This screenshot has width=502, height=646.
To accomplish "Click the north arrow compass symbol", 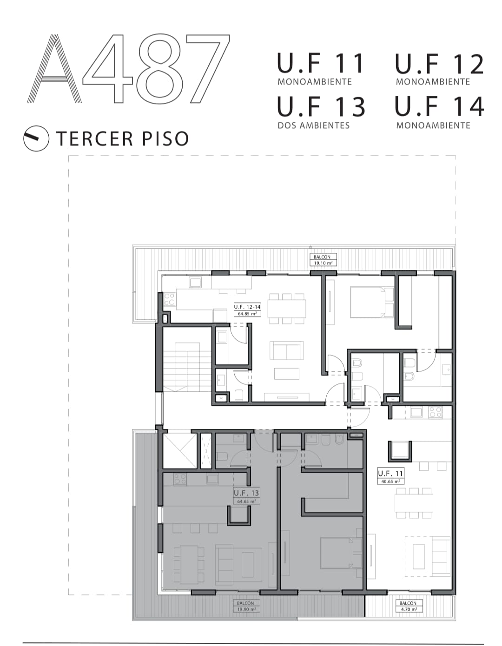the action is [36, 138].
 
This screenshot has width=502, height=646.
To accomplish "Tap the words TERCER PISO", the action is [122, 138].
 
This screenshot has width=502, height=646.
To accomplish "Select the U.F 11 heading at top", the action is [320, 63].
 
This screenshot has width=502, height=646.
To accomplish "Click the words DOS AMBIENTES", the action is [314, 125].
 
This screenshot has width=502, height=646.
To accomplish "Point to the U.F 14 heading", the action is [439, 106].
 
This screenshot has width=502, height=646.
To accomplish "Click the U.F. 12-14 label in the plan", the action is [247, 307].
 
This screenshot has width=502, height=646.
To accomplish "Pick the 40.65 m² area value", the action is [390, 481].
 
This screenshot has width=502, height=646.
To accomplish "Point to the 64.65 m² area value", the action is [246, 501].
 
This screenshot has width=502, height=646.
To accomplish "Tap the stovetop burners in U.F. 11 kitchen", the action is [435, 412].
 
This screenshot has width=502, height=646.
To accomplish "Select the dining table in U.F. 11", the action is [414, 503].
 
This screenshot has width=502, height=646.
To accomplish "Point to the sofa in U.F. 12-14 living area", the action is [287, 350].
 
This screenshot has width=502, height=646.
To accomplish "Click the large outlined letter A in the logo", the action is [54, 69].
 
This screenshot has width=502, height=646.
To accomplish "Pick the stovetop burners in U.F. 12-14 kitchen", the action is [169, 299].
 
